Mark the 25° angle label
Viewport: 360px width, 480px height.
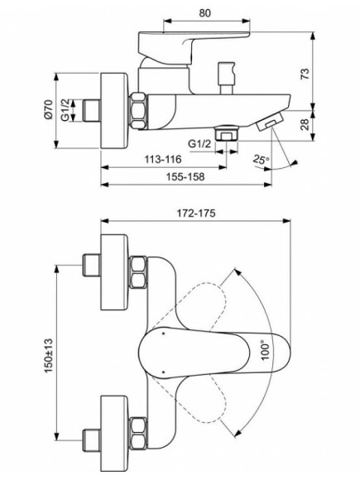[x=261, y=158]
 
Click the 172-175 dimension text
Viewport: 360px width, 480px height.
[x=196, y=214]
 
